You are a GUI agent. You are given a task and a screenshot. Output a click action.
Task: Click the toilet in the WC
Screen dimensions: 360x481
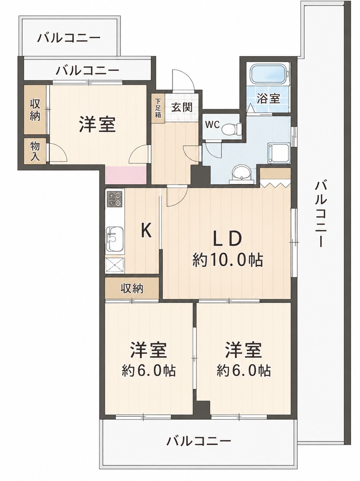[x=232, y=129]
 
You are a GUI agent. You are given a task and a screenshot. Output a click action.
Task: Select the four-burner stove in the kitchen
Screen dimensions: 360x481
[x=114, y=199]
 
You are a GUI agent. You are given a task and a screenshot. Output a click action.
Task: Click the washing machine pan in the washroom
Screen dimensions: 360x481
[x=279, y=153]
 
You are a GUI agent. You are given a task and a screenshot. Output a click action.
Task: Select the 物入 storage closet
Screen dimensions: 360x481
[x=35, y=151]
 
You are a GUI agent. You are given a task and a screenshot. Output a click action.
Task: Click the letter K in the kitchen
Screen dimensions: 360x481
[x=146, y=231]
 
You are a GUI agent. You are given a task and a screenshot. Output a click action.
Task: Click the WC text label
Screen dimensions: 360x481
[x=212, y=125]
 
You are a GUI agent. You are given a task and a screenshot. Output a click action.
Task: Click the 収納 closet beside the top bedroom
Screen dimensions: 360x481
[x=35, y=110]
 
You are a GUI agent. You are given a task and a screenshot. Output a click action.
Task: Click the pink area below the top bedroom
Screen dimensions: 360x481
[x=126, y=175]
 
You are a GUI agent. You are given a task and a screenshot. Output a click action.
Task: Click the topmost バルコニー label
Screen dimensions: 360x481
[x=69, y=38]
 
